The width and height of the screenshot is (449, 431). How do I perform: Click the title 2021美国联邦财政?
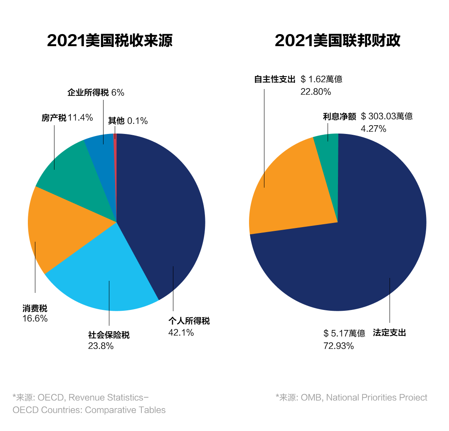point(337,41)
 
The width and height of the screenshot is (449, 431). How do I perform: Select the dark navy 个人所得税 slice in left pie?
point(166,216)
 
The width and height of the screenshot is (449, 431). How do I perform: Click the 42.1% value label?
point(181,332)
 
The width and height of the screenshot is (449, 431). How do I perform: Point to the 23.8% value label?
point(101,346)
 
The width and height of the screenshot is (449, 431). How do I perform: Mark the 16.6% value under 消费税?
point(35,319)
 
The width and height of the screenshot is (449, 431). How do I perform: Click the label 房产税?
point(54,118)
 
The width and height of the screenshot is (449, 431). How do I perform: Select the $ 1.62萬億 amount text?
point(321,79)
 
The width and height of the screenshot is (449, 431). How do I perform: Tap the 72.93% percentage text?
point(338,346)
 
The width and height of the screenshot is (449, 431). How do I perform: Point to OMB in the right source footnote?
point(311,397)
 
